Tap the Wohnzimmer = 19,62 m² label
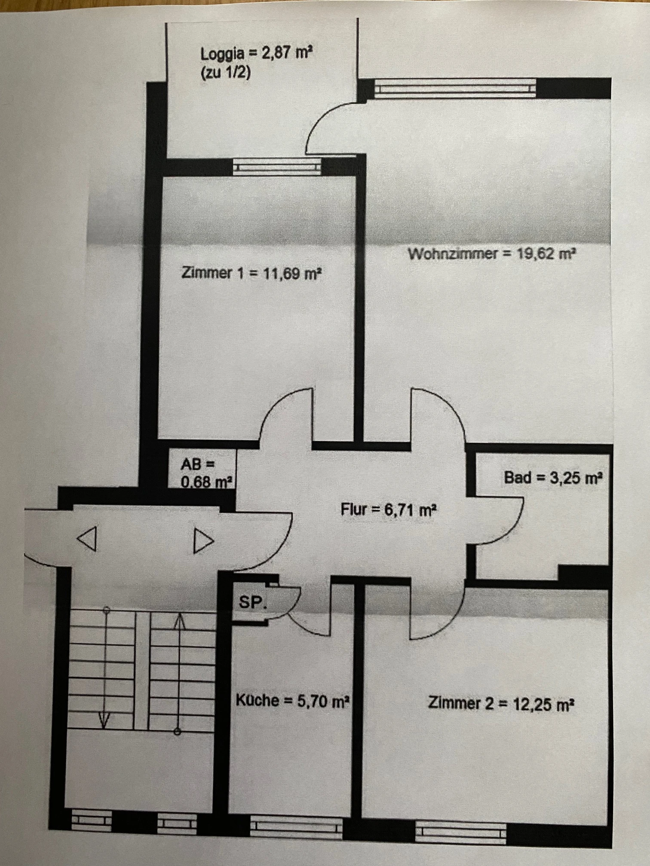click(x=491, y=254)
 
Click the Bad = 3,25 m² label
click(x=553, y=478)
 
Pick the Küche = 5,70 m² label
click(x=291, y=701)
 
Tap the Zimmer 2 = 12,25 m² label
click(x=501, y=704)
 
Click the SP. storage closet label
click(x=253, y=603)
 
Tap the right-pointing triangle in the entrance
click(x=203, y=541)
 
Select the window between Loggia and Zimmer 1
click(x=277, y=167)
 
